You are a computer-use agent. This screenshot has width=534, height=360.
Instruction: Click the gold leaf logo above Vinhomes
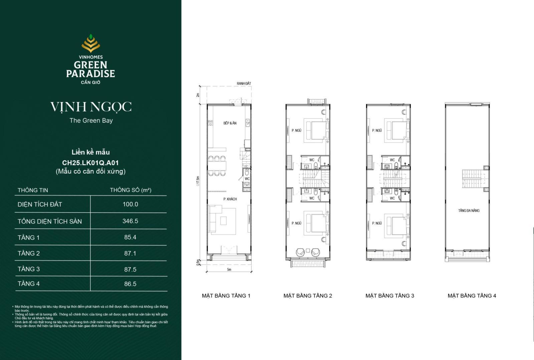tap(90, 44)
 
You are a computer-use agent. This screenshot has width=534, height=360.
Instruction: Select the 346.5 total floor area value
tap(130, 221)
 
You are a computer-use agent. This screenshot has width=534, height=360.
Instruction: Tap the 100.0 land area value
tap(130, 204)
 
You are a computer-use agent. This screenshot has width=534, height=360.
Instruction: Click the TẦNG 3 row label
tap(29, 269)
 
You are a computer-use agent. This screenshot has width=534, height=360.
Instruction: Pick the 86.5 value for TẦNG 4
tap(130, 284)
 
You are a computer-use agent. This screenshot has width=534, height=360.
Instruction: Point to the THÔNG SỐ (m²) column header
tap(130, 190)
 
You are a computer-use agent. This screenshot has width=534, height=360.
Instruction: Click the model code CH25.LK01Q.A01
tap(90, 163)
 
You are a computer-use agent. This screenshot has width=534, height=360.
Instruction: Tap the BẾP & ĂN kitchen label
tap(230, 123)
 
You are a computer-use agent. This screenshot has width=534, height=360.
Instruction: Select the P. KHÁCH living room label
tap(230, 199)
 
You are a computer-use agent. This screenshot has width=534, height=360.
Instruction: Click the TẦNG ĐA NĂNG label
tap(469, 211)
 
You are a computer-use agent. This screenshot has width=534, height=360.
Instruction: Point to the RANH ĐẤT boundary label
tap(244, 83)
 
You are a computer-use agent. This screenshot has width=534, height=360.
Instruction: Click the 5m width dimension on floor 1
tap(229, 270)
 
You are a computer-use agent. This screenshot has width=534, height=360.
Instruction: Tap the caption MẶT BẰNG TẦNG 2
tap(308, 296)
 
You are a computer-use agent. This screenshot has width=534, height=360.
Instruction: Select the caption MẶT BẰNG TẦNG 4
tap(472, 296)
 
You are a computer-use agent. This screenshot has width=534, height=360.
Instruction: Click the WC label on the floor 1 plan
tap(247, 179)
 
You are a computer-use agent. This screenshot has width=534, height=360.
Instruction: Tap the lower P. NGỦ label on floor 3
tap(377, 223)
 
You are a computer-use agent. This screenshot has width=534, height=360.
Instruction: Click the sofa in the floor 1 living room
tap(215, 219)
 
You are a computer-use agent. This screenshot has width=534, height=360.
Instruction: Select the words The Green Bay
tap(91, 120)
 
